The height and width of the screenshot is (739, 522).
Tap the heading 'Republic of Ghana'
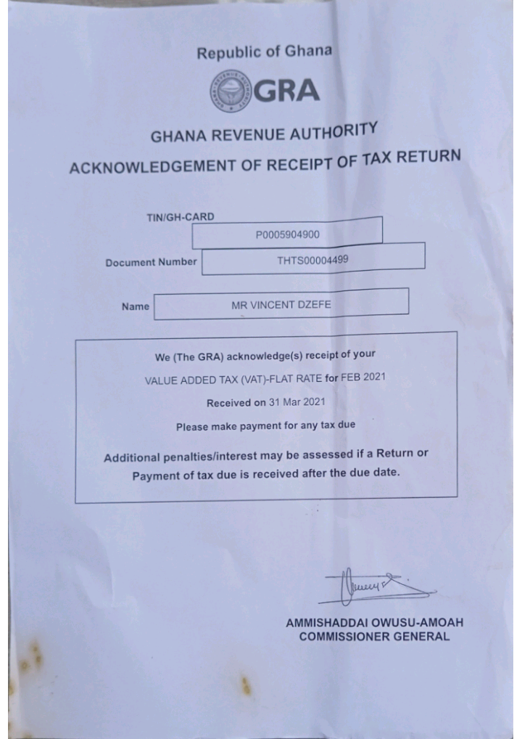click(264, 52)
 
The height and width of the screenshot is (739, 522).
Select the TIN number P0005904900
click(288, 234)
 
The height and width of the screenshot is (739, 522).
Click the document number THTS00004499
click(312, 260)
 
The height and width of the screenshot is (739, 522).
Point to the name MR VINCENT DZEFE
click(281, 305)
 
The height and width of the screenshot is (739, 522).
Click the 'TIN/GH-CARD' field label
click(181, 217)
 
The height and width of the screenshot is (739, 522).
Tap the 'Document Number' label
click(151, 263)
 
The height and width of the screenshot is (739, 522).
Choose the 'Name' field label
click(136, 306)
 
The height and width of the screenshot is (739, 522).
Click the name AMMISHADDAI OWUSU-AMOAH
click(375, 623)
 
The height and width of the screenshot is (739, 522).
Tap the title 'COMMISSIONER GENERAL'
click(375, 637)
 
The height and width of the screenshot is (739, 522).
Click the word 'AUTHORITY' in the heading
click(333, 131)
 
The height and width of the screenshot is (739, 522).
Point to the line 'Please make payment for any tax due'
click(266, 426)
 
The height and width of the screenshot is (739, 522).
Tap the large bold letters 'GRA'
click(286, 91)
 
